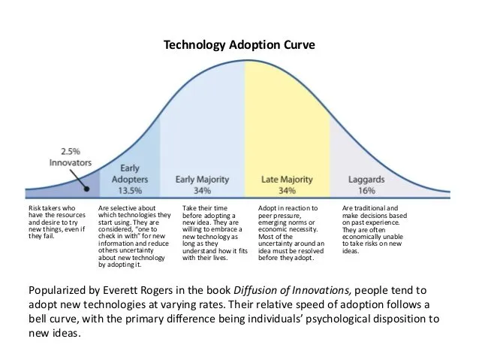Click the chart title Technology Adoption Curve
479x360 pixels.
point(239,44)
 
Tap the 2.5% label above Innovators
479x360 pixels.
point(71,151)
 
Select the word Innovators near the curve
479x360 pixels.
point(71,162)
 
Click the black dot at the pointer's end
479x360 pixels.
point(87,189)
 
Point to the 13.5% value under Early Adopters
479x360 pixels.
point(130,191)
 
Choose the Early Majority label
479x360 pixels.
point(202,180)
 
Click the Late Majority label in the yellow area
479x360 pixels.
point(287,180)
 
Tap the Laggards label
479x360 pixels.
point(366,180)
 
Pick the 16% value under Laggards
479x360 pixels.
point(366,191)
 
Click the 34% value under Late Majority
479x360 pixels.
point(287,191)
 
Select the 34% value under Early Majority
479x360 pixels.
point(202,191)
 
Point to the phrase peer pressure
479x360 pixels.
point(279,216)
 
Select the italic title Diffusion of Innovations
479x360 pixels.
point(292,290)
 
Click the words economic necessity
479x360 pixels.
point(288,229)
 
